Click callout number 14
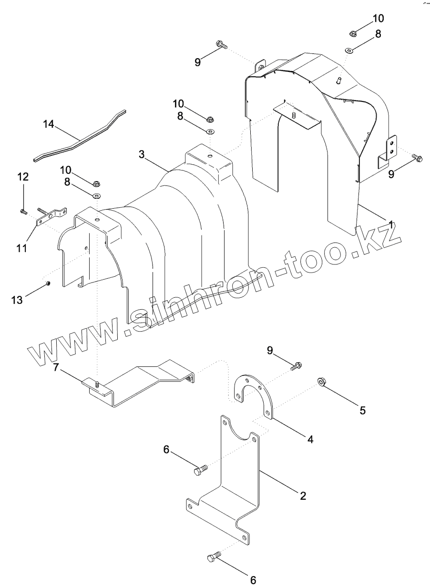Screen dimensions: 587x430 click(49, 124)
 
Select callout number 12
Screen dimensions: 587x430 click(23, 177)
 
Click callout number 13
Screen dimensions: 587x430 click(17, 300)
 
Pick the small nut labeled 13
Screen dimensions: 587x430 click(48, 284)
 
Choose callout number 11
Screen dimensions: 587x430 click(21, 248)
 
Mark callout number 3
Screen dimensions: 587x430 click(142, 154)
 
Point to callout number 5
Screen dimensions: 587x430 click(363, 410)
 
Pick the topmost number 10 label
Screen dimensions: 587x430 click(378, 19)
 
